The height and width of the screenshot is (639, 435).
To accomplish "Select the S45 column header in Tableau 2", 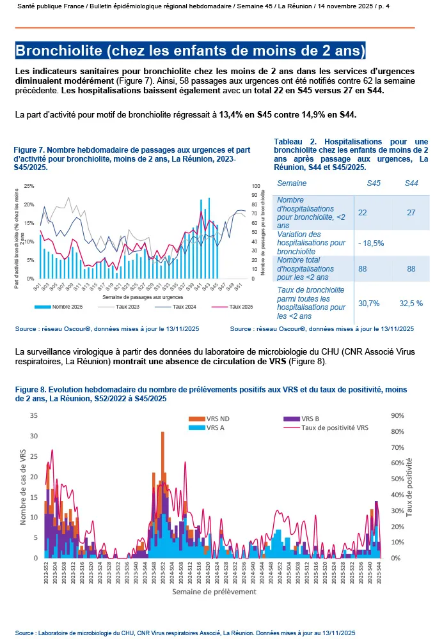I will pyautogui.click(x=374, y=183).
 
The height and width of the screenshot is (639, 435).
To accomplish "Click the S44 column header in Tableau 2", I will pyautogui.click(x=412, y=183).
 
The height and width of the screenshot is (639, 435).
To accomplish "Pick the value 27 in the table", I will pyautogui.click(x=412, y=213).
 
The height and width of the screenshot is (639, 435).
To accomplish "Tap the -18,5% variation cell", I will pyautogui.click(x=372, y=243).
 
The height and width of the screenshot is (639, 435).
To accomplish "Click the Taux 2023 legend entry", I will pyautogui.click(x=128, y=307).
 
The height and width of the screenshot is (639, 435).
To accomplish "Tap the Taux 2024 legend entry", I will pyautogui.click(x=184, y=307).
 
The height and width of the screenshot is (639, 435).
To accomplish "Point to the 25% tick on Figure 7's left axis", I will pyautogui.click(x=29, y=186).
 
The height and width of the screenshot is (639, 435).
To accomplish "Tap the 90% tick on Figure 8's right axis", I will pyautogui.click(x=397, y=415).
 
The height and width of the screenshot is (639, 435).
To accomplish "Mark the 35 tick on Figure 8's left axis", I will pyautogui.click(x=35, y=415).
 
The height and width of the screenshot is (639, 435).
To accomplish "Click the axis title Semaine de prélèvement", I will pyautogui.click(x=214, y=592).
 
